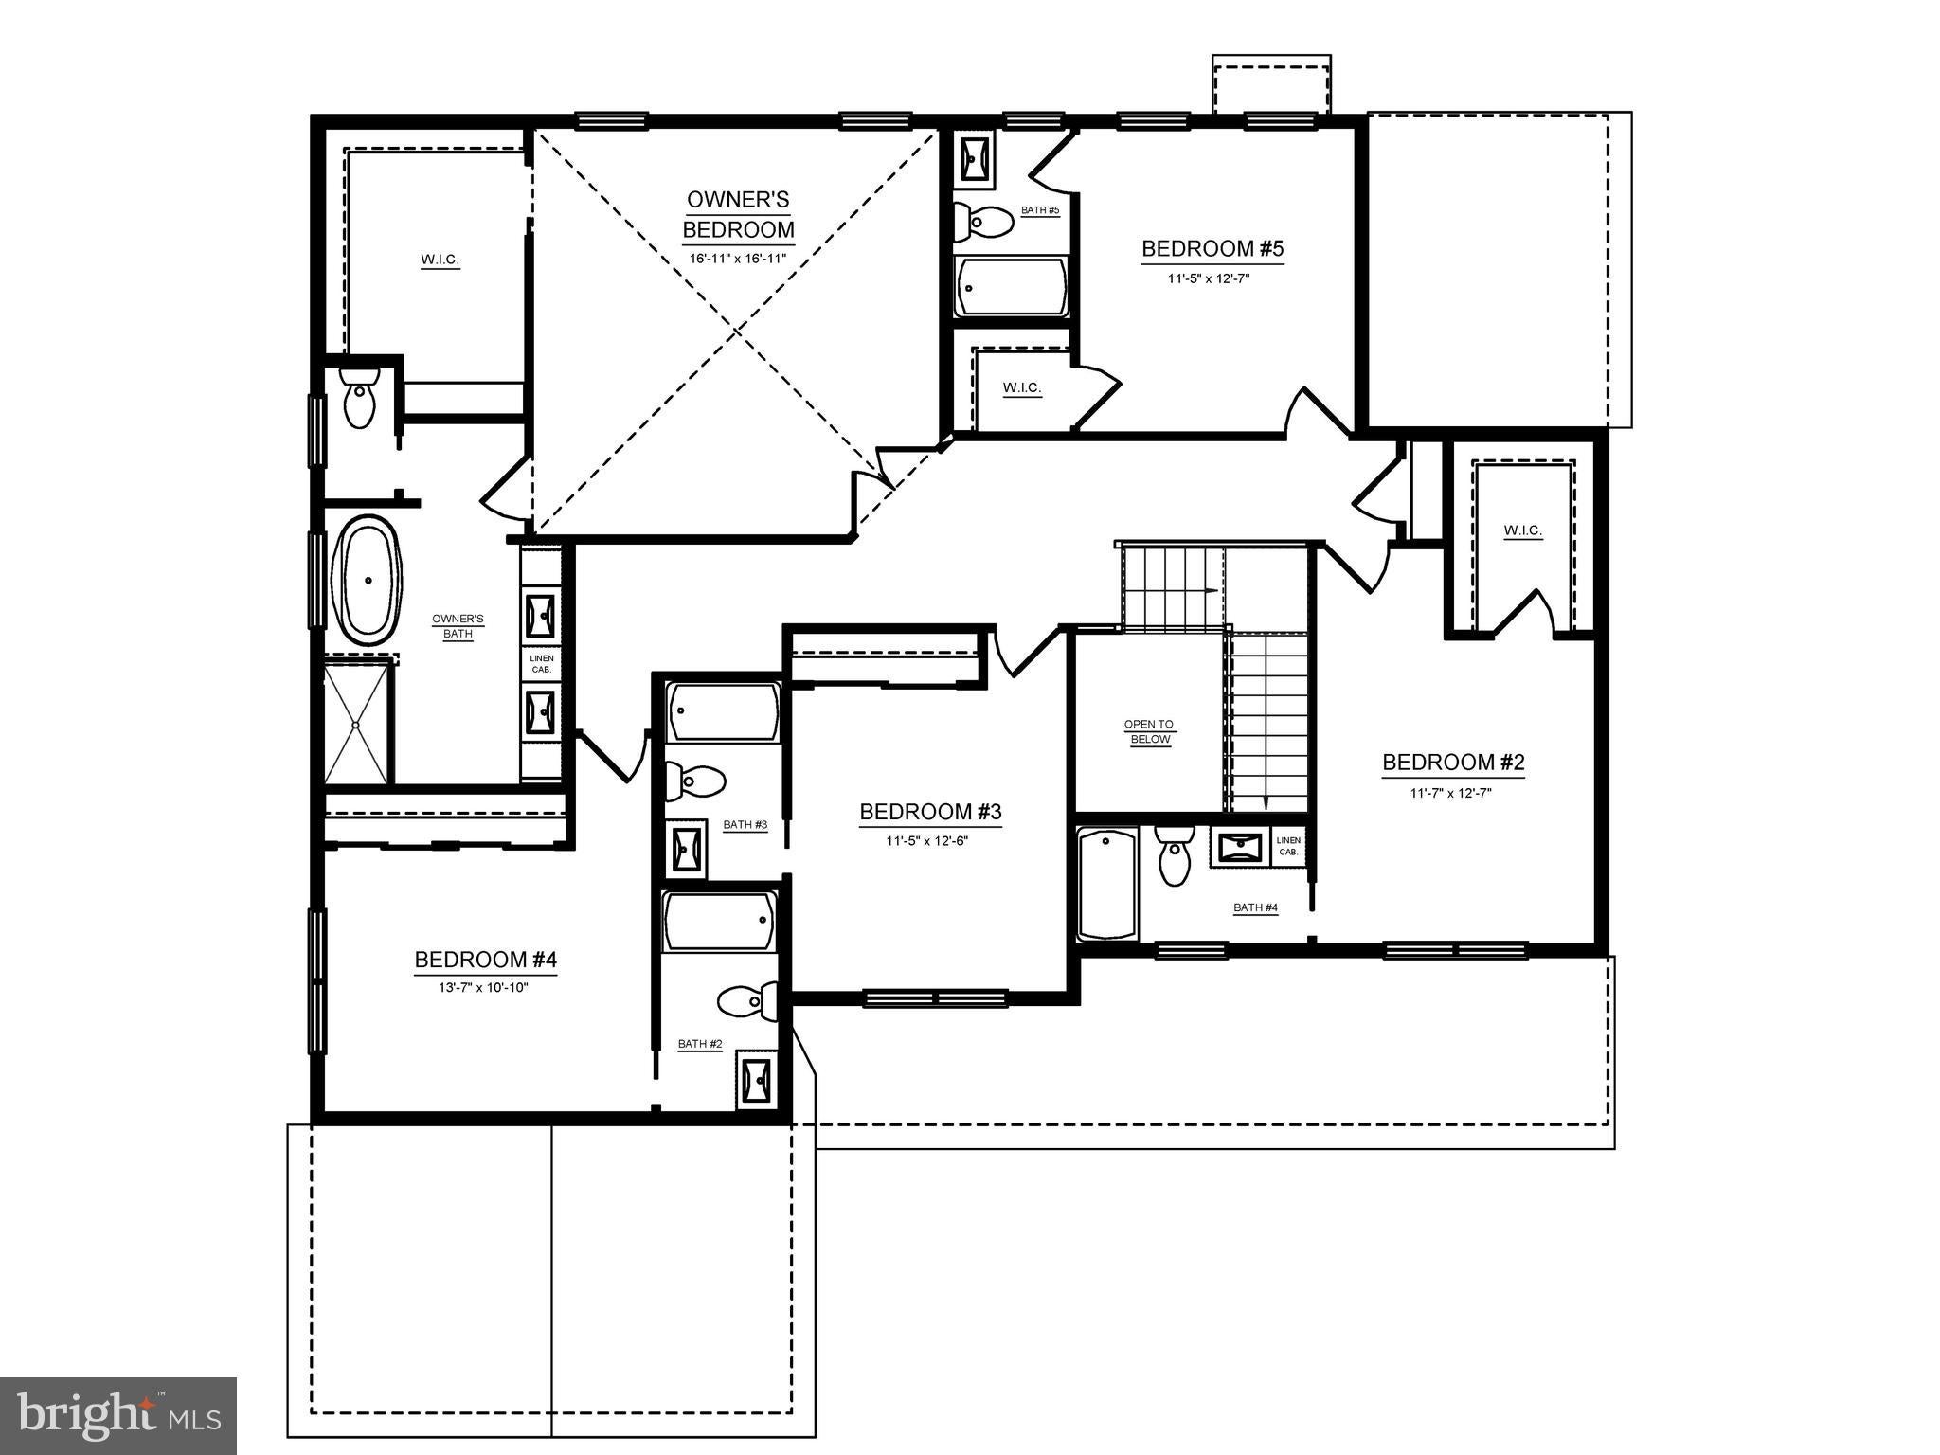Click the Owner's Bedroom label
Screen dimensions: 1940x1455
tap(738, 214)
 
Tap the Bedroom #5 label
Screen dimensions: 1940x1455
tap(1212, 249)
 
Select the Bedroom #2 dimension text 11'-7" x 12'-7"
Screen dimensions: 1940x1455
tap(1450, 794)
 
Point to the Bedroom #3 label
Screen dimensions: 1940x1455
tap(930, 812)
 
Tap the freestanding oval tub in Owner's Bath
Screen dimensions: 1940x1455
tap(368, 581)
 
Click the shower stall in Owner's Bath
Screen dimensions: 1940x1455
tap(356, 724)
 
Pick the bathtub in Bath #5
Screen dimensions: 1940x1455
tap(1012, 287)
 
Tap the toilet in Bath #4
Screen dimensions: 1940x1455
tap(1175, 854)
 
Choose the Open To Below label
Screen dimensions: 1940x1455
tap(1149, 732)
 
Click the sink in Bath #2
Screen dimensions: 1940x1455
tap(758, 1082)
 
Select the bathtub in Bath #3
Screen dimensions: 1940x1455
tap(724, 712)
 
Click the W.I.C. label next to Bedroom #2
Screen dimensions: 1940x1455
tap(1523, 530)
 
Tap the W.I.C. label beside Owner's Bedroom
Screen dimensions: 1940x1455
tap(440, 260)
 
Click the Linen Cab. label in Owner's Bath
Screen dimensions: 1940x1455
tap(542, 664)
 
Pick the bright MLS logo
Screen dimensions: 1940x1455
tap(118, 1415)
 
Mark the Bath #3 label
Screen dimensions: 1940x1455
tap(745, 825)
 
